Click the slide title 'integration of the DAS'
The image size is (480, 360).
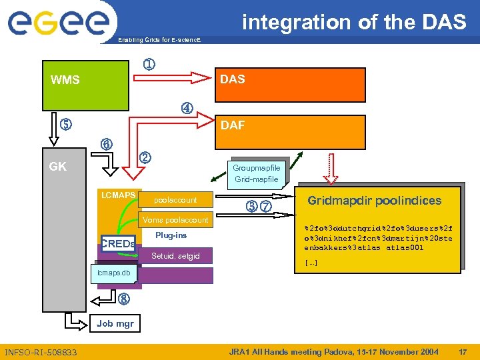click(354, 22)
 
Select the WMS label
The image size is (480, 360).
click(65, 81)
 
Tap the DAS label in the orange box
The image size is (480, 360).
click(232, 79)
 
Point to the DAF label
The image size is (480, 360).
click(232, 124)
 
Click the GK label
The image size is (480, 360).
click(58, 167)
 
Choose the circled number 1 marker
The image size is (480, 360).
click(150, 65)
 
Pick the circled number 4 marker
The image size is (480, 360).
click(187, 107)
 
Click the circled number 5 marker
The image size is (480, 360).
click(65, 124)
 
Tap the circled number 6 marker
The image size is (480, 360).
click(106, 144)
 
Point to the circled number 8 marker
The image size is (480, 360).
click(123, 299)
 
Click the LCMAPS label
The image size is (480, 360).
click(118, 195)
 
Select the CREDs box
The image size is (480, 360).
click(118, 244)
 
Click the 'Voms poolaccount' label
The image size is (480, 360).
click(175, 220)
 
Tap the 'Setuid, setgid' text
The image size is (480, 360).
click(175, 255)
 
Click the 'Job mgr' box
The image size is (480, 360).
click(115, 324)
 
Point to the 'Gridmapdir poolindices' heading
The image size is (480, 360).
click(374, 201)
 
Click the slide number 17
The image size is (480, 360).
click(463, 351)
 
